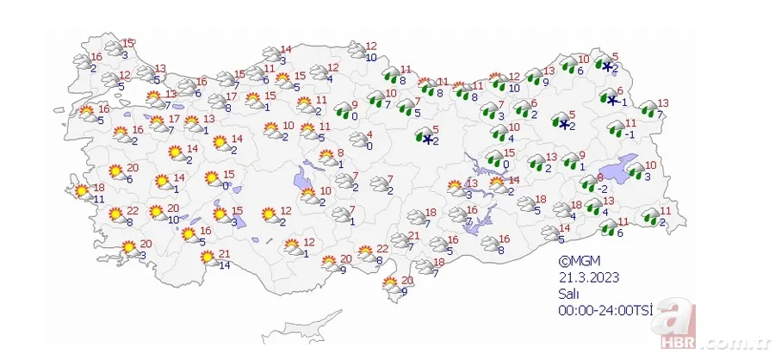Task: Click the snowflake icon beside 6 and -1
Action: [x=612, y=101]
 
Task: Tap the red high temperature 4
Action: [x=369, y=134]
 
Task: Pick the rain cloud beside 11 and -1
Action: [x=617, y=130]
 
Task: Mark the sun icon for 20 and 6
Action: [x=115, y=172]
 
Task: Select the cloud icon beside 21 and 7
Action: [x=399, y=240]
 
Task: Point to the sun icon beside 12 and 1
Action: [x=291, y=246]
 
